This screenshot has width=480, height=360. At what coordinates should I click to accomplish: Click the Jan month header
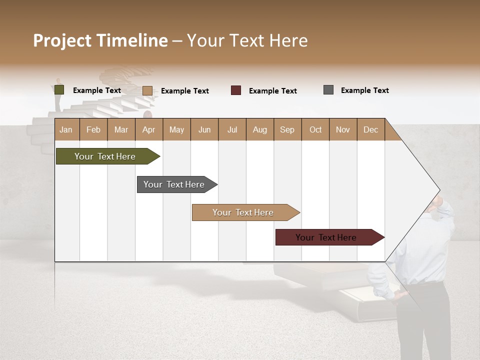point(66,129)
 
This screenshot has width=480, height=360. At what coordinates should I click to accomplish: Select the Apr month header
point(148,129)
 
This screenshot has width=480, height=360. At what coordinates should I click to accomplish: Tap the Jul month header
point(232,129)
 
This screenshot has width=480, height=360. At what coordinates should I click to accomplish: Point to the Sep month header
point(287,129)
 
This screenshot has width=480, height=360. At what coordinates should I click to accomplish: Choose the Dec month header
point(370,129)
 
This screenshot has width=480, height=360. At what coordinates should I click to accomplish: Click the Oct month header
point(315,129)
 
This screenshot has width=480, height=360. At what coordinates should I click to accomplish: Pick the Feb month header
point(93,129)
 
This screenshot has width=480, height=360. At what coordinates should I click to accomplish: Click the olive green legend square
point(59,90)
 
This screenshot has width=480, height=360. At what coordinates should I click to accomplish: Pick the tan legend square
point(147,90)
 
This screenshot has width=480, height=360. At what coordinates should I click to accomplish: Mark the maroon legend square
point(236,90)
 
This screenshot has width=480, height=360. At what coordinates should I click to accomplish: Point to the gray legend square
point(328,90)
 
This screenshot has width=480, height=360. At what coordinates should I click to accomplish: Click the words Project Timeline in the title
point(100,40)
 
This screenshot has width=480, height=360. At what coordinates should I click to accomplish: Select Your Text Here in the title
point(247,40)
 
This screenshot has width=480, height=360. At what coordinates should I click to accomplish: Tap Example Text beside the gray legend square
point(364,90)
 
